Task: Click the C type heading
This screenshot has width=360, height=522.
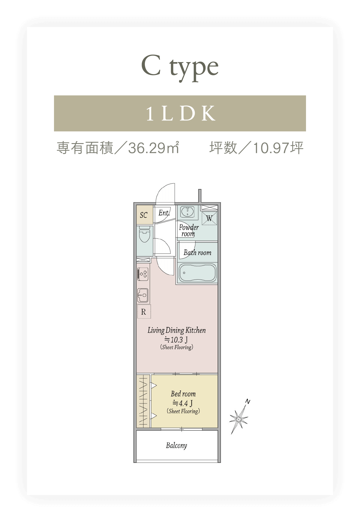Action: point(180,68)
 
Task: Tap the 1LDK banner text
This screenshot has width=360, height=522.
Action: point(181,113)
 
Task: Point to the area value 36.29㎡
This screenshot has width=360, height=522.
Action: point(154,148)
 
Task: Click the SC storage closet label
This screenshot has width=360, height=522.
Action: point(144,215)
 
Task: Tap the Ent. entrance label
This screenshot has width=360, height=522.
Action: point(164,213)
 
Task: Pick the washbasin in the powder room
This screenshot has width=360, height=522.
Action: point(187,212)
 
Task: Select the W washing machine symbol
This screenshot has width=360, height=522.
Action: point(209,218)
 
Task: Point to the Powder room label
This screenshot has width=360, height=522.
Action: point(189,230)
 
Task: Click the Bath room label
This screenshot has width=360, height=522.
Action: point(197,253)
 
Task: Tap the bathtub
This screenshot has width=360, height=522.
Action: point(198,273)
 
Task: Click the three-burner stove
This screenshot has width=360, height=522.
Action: point(143,274)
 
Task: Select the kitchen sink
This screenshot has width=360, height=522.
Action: point(143,295)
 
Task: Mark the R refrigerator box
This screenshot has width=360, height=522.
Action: point(144,312)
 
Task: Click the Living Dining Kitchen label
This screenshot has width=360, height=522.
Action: point(177,331)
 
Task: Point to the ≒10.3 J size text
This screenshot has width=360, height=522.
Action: point(176,340)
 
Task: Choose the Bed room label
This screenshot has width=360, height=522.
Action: point(183,394)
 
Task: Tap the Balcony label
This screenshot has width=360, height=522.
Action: point(176,445)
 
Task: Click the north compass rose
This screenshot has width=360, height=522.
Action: point(239,418)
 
